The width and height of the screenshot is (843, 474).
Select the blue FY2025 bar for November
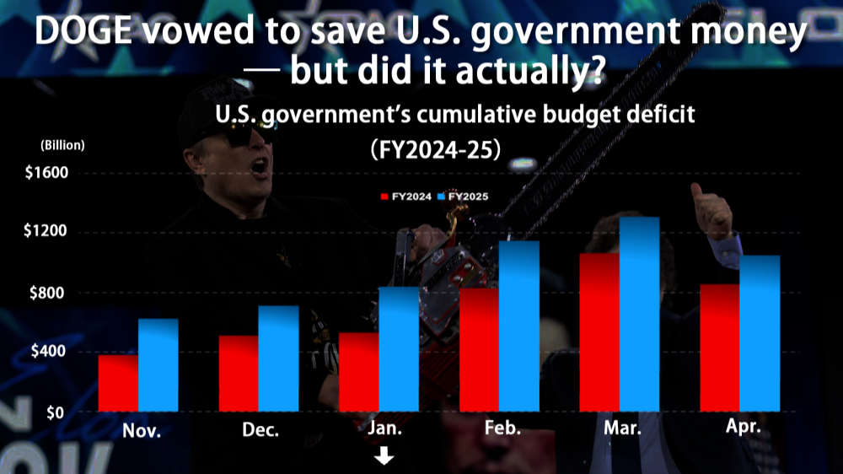[158, 364]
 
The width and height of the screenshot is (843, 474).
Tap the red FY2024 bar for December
[239, 373]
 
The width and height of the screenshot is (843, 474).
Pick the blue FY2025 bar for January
[399, 348]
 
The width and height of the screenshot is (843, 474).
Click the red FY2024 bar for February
[479, 349]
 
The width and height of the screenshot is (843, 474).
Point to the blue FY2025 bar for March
[639, 314]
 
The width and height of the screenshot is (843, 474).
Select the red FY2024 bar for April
[720, 347]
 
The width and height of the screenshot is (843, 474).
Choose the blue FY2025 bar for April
[760, 333]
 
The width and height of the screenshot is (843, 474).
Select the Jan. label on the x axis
[385, 428]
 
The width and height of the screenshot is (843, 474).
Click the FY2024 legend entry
[406, 197]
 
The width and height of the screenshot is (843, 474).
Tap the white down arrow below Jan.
[385, 456]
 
